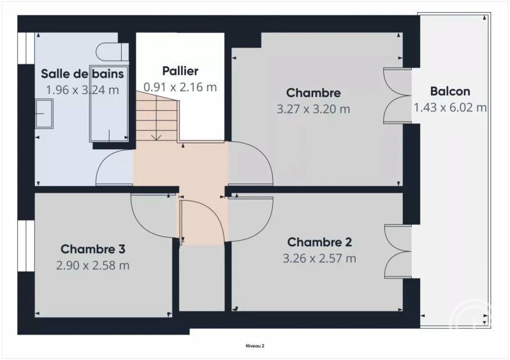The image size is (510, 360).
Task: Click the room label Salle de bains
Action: [82, 74]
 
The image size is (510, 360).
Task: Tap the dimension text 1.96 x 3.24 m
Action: [82, 90]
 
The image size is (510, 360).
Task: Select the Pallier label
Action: [180, 71]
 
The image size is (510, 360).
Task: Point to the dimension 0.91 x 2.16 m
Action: [180, 87]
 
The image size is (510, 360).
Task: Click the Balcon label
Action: [450, 91]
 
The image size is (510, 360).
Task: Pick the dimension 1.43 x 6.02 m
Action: [450, 107]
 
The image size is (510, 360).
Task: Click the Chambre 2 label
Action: [319, 242]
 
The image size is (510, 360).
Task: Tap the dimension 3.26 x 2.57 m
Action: [319, 258]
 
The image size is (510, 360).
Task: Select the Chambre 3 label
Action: [92, 249]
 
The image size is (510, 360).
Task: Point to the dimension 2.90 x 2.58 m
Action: [92, 265]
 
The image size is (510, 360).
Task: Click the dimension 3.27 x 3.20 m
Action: [313, 108]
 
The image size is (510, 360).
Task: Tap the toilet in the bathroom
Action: [109, 52]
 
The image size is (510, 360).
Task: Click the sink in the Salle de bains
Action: [44, 113]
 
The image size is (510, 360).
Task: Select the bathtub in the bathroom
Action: [109, 104]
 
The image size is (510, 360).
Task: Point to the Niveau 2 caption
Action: [255, 346]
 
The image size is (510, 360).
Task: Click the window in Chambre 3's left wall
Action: [26, 246]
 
